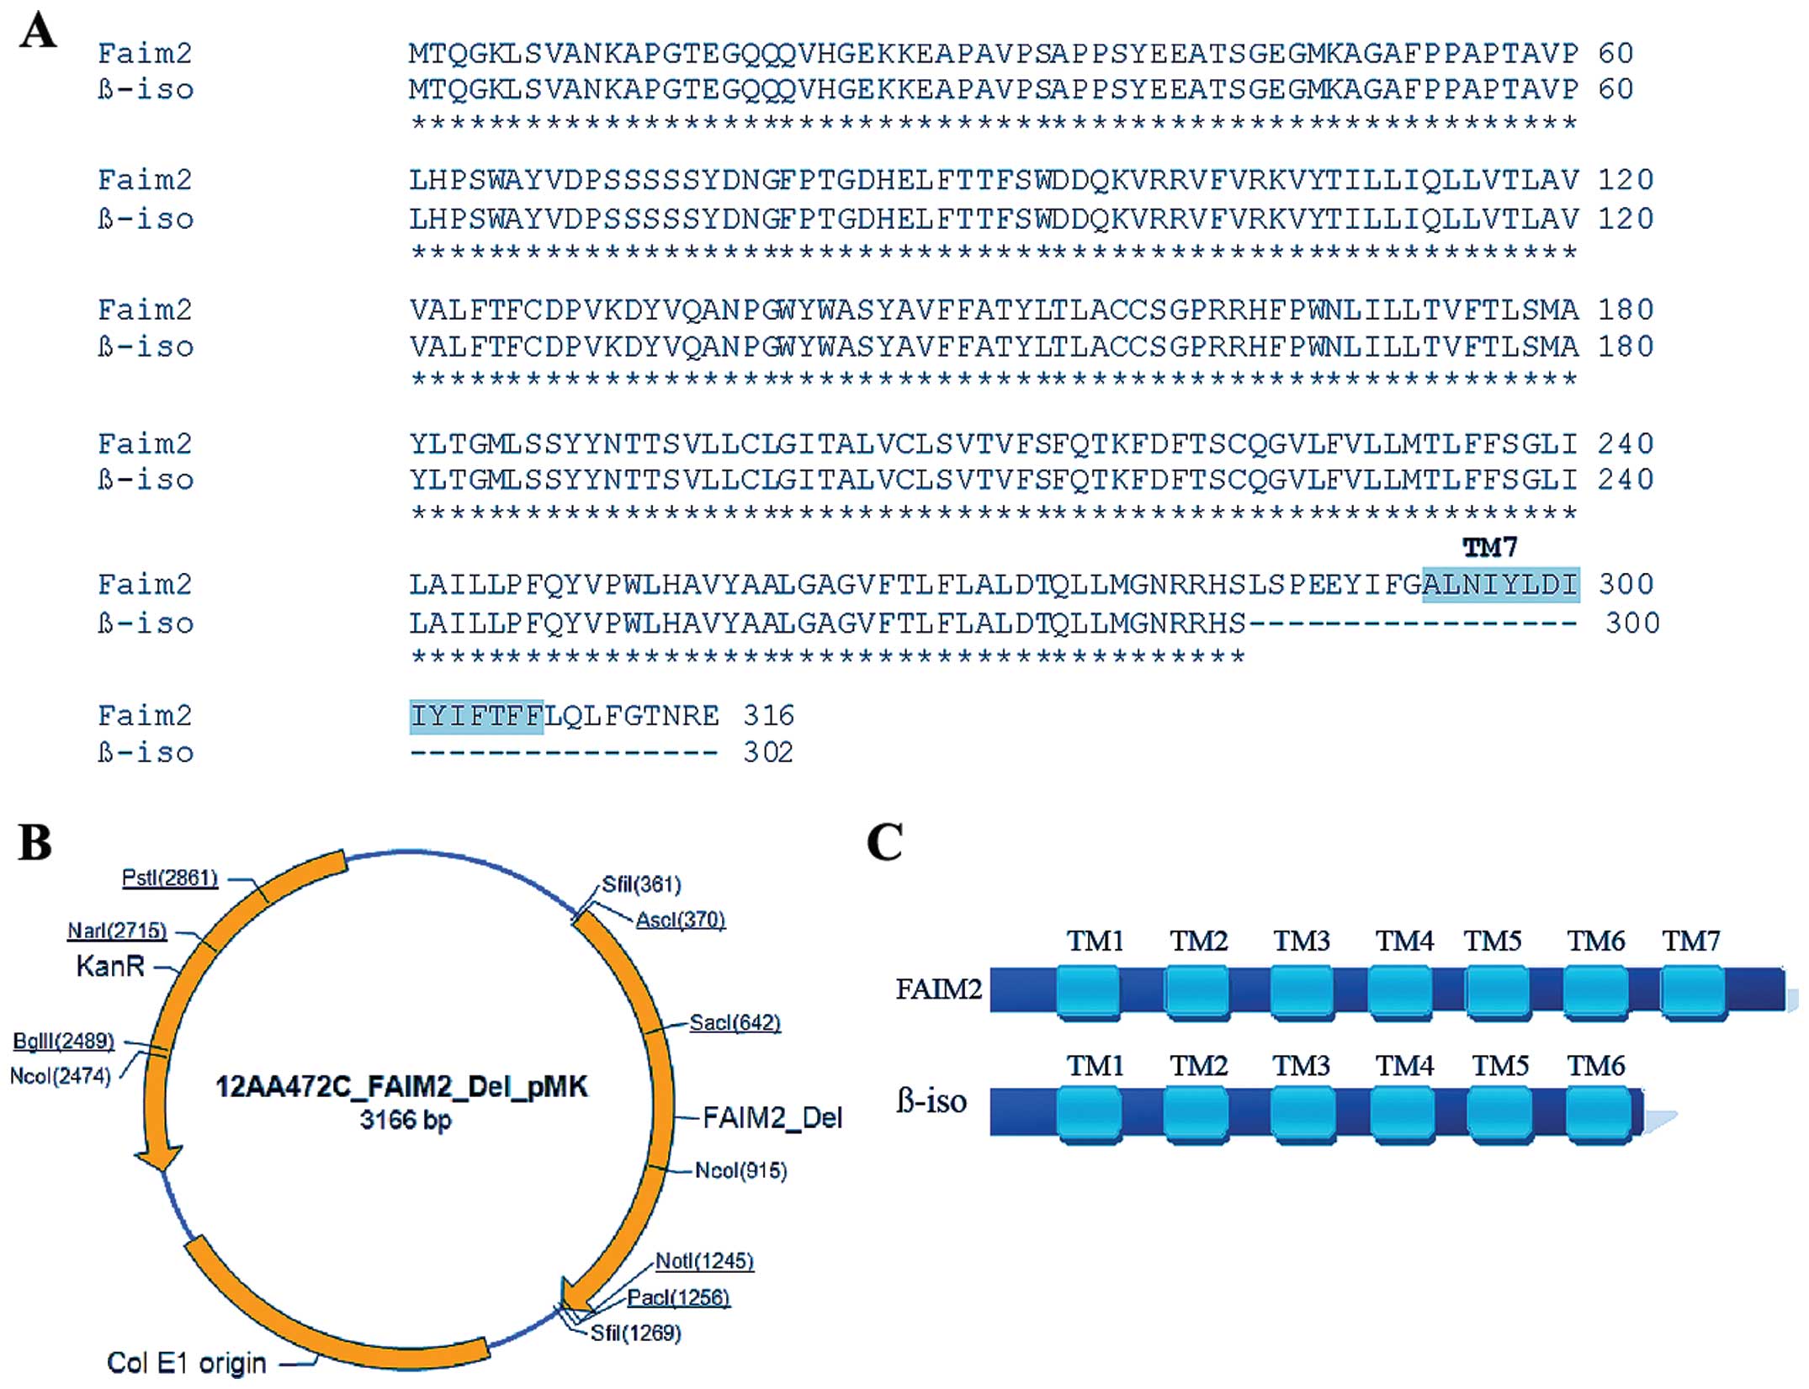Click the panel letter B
pos(35,842)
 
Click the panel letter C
pos(884,842)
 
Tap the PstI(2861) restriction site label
pos(170,878)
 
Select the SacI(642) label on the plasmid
pos(735,1023)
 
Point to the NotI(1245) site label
pos(704,1261)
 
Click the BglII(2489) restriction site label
pos(63,1041)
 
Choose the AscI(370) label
pos(680,920)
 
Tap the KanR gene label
pos(110,966)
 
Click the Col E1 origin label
pos(186,1362)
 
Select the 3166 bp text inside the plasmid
pos(405,1120)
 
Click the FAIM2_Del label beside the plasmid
pos(772,1117)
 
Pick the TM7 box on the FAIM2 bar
pos(1693,993)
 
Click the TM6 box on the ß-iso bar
pos(1597,1115)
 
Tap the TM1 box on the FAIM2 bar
pos(1088,993)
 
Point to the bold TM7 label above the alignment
pos(1489,548)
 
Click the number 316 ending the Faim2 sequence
pos(768,716)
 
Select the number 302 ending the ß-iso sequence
pos(768,752)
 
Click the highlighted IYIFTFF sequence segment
pos(476,717)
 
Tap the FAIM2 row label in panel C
pos(938,989)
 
